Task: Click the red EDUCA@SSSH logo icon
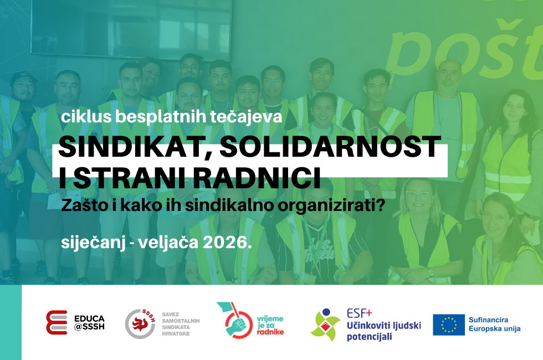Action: (x=57, y=322)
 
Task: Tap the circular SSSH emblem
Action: (x=140, y=323)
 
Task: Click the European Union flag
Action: (x=448, y=325)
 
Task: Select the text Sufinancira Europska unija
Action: (x=494, y=325)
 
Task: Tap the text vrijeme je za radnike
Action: (x=270, y=325)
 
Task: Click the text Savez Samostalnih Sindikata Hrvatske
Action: (x=181, y=324)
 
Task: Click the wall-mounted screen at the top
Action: (x=131, y=27)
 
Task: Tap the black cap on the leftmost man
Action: (x=23, y=79)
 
